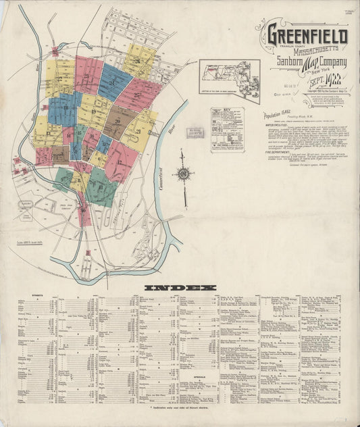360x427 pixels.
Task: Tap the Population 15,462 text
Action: click(x=280, y=116)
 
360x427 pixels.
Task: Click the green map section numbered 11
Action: click(x=102, y=188)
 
